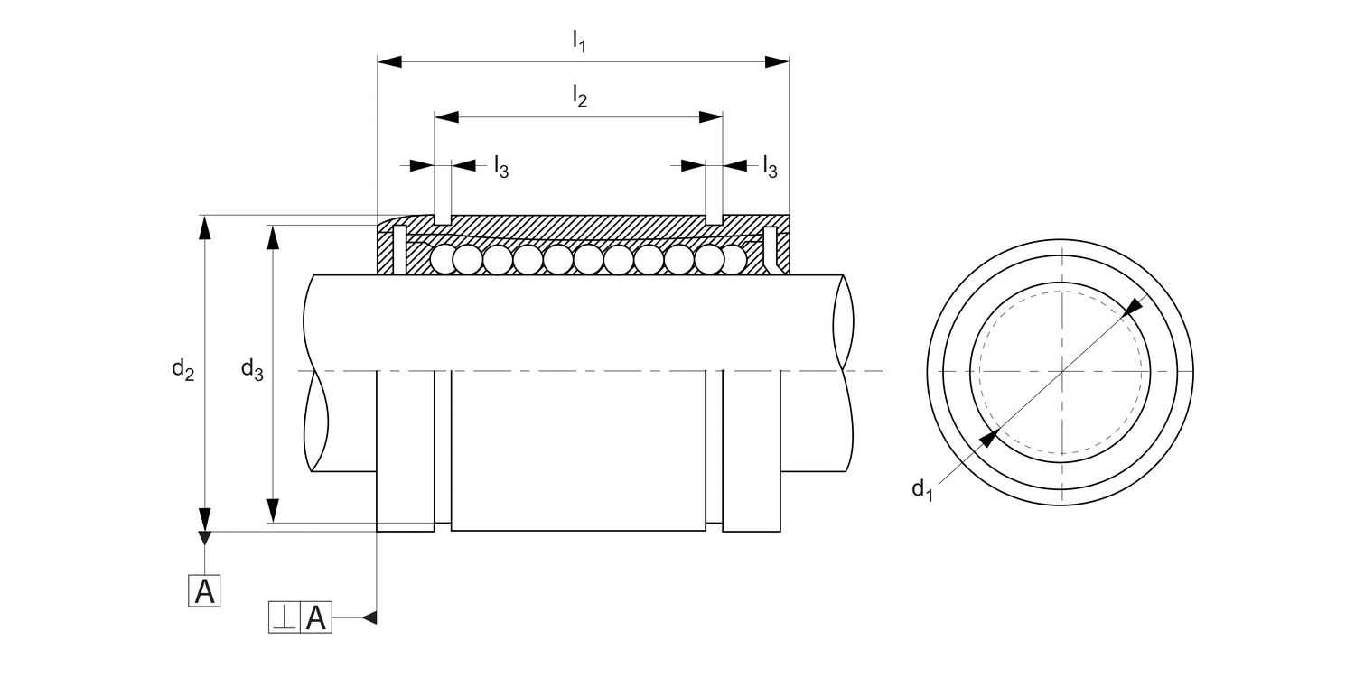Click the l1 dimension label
pos(580,40)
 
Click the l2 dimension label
pos(580,96)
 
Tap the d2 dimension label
pos(183,369)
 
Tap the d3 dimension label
pos(251,369)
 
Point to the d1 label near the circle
pos(921,490)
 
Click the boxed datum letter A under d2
pos(205,591)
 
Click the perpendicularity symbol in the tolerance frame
pos(284,617)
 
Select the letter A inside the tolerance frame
pos(315,617)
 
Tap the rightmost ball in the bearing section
pos(734,260)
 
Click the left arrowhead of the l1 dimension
pos(389,61)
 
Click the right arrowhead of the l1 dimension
pos(777,61)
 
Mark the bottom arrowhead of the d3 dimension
pos(273,511)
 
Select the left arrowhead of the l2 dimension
pos(447,117)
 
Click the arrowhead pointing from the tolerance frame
pos(369,617)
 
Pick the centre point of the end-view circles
pos(1062,371)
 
